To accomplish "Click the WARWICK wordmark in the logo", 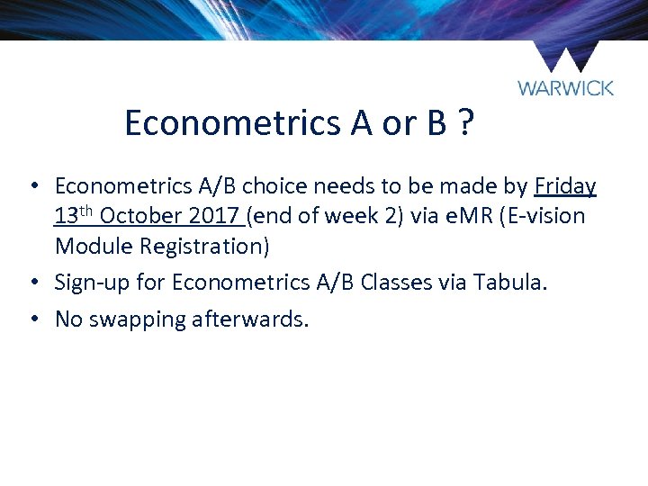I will click(x=565, y=88).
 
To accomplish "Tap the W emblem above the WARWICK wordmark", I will click(x=565, y=57).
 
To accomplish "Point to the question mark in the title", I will click(x=465, y=123).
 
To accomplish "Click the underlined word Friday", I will click(x=565, y=186).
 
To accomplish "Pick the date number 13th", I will click(x=74, y=216).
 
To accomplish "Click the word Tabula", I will click(x=503, y=283).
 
